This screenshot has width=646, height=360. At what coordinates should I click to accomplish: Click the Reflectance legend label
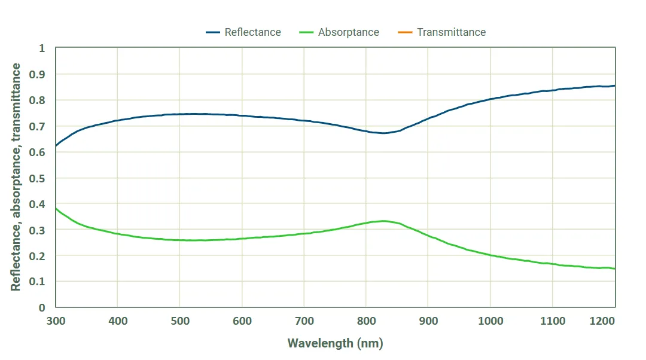252,32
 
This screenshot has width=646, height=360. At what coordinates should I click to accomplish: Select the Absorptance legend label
348,32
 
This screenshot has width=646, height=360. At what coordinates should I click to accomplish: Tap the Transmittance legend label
451,32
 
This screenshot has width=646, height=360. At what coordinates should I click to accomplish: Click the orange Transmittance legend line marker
405,32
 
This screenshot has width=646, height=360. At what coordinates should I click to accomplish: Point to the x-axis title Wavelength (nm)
335,343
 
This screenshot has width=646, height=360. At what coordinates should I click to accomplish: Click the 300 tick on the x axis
55,321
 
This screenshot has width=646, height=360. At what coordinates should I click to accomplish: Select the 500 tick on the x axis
179,321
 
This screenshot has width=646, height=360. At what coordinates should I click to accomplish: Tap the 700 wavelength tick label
304,321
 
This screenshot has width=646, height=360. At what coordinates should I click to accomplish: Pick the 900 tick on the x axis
428,321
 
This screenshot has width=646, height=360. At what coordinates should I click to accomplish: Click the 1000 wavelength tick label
490,321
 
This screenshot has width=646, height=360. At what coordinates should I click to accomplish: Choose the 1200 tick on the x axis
614,321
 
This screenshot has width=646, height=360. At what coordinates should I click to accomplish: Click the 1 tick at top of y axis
42,48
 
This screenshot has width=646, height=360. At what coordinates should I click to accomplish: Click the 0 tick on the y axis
42,307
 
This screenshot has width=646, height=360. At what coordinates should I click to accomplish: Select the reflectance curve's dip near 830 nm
383,133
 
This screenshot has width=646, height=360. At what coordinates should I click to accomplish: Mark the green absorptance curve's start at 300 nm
56,208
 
